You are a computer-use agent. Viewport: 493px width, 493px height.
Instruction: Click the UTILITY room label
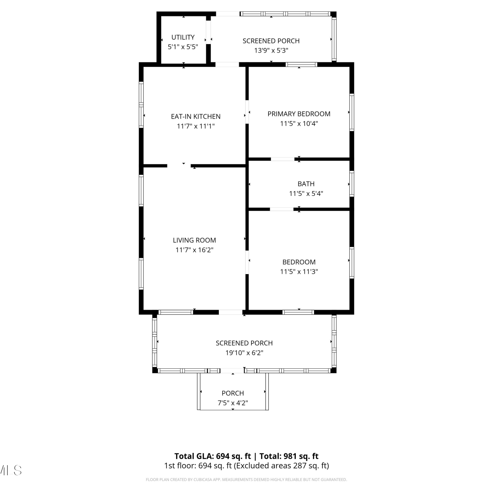coord(183,37)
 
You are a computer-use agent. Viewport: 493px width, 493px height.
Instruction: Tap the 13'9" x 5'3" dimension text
coord(271,50)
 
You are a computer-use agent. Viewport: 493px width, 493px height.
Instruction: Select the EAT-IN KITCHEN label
coord(196,116)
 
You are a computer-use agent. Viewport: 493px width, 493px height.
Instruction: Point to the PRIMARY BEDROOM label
coord(299,114)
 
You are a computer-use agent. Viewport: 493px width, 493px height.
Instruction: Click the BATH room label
coord(306,184)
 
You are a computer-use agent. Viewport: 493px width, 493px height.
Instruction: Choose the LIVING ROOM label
coord(194,240)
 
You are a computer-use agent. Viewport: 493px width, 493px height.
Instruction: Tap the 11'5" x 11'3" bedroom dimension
coord(299,271)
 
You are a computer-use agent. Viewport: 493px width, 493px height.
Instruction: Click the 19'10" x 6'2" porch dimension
coord(244,353)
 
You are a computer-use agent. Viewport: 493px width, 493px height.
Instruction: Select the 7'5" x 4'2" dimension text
coord(233,403)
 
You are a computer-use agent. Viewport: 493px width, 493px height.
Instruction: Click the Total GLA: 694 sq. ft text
coord(212,456)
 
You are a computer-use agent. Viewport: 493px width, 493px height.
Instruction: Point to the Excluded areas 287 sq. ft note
coord(281,466)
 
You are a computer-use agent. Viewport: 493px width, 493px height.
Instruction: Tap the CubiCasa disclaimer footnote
coord(246,480)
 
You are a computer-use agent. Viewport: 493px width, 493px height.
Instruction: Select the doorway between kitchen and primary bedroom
coord(247,112)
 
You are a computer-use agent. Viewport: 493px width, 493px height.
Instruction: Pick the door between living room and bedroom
coord(247,262)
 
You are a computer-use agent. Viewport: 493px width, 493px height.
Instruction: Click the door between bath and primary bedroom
coord(283,159)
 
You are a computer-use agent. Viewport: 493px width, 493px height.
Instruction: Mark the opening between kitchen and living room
coord(179,166)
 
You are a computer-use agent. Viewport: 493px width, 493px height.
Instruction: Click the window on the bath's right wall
coord(352,184)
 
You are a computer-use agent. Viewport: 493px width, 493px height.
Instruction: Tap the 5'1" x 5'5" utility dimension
coord(183,47)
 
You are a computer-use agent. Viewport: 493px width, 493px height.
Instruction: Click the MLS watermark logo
coord(11,470)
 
